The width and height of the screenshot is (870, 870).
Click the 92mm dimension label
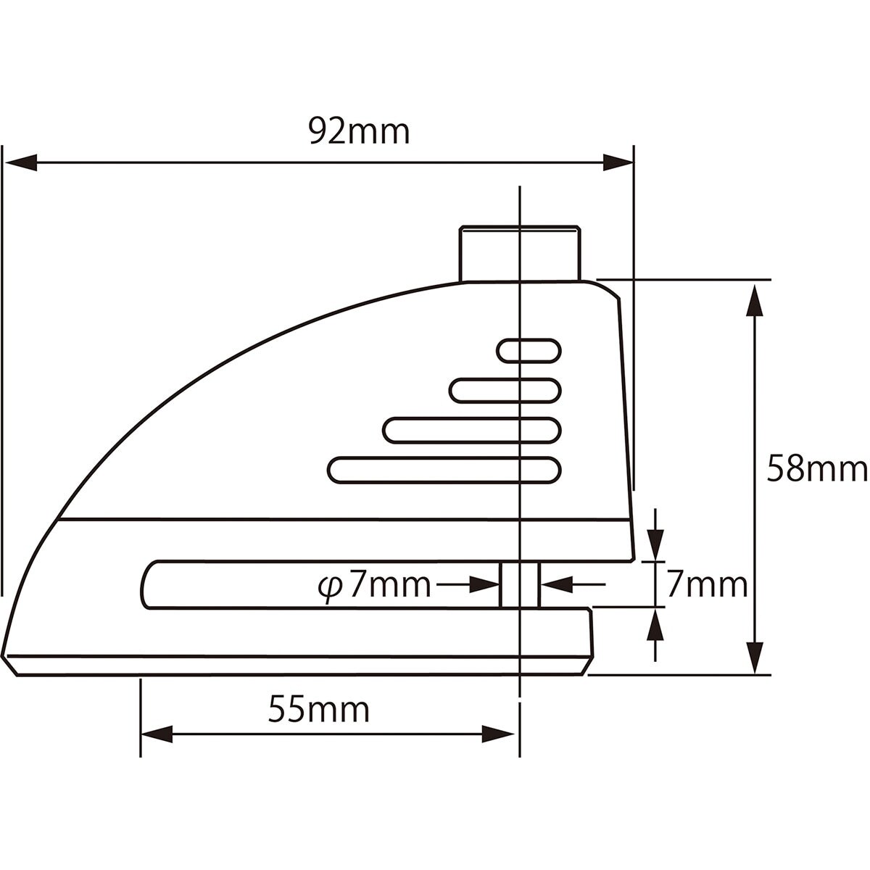[x=360, y=131]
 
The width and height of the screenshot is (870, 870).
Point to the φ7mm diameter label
[x=374, y=586]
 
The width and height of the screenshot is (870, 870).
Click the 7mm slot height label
[x=707, y=586]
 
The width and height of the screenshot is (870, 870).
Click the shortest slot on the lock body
[x=529, y=350]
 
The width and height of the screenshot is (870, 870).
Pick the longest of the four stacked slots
[x=444, y=470]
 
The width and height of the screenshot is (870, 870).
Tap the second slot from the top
[x=505, y=390]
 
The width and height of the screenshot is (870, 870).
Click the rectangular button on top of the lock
[x=520, y=254]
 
